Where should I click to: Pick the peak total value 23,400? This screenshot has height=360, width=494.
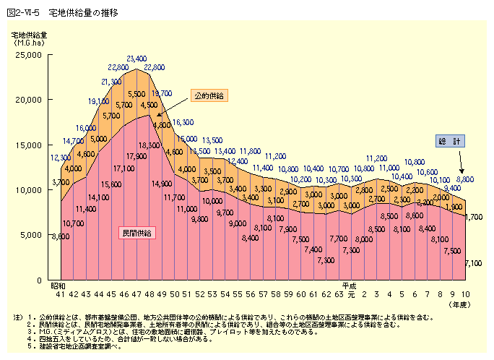point(136,59)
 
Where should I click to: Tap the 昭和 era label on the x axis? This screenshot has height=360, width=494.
point(58,286)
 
